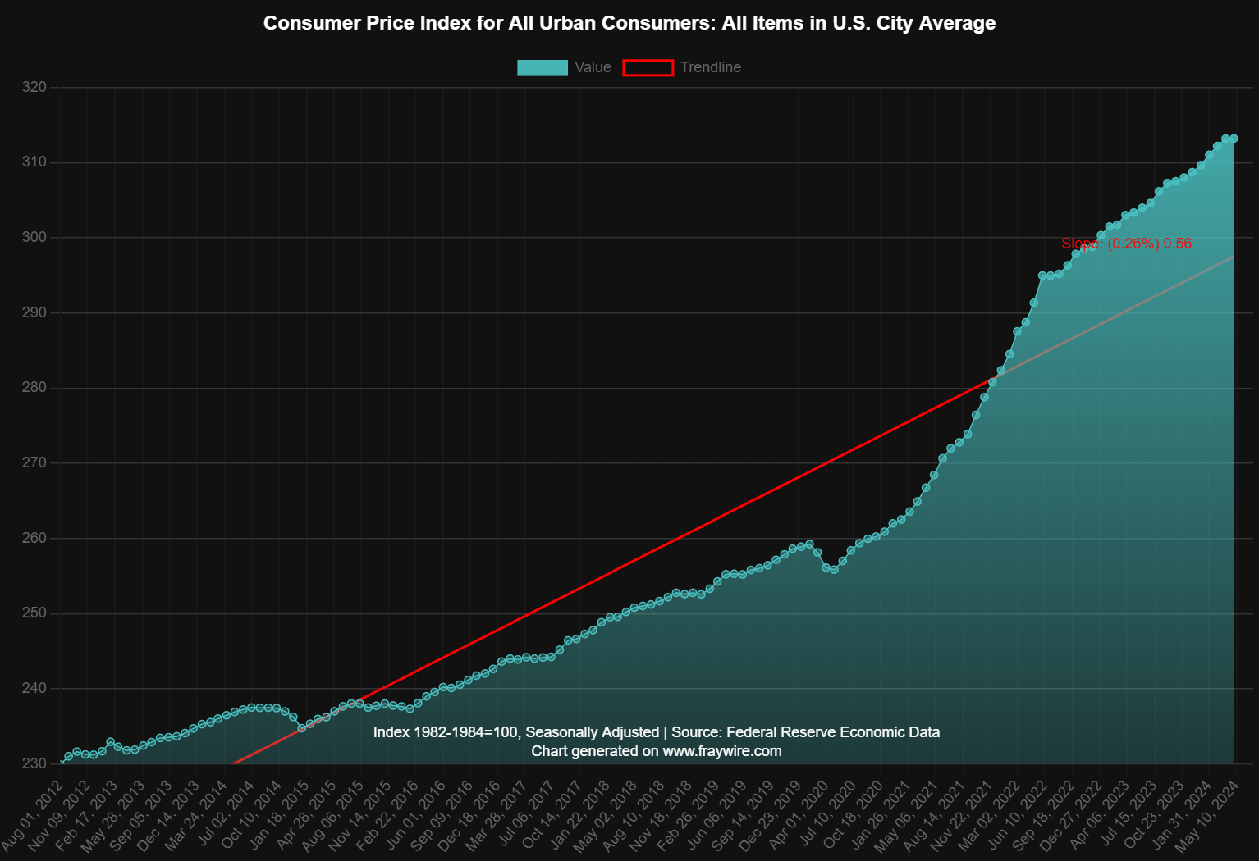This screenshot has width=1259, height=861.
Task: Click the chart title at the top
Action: pos(629,23)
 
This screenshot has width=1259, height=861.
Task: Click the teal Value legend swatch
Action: pos(542,67)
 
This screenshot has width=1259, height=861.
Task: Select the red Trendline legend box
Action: pos(648,67)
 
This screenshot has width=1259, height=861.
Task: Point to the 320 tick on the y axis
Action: pos(34,87)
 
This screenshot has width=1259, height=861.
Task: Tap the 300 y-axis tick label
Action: pos(34,238)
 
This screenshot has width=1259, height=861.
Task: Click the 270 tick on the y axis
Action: pos(34,463)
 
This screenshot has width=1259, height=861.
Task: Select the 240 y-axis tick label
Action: pos(34,689)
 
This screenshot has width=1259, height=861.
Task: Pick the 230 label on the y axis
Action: pos(34,763)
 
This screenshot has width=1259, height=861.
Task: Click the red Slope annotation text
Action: pos(1126,244)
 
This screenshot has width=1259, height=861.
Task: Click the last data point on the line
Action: pos(1234,139)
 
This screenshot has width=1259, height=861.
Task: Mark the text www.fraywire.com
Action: pos(722,751)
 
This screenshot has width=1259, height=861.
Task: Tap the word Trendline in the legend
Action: pos(710,67)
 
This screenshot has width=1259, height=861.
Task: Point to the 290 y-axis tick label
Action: pos(34,312)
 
